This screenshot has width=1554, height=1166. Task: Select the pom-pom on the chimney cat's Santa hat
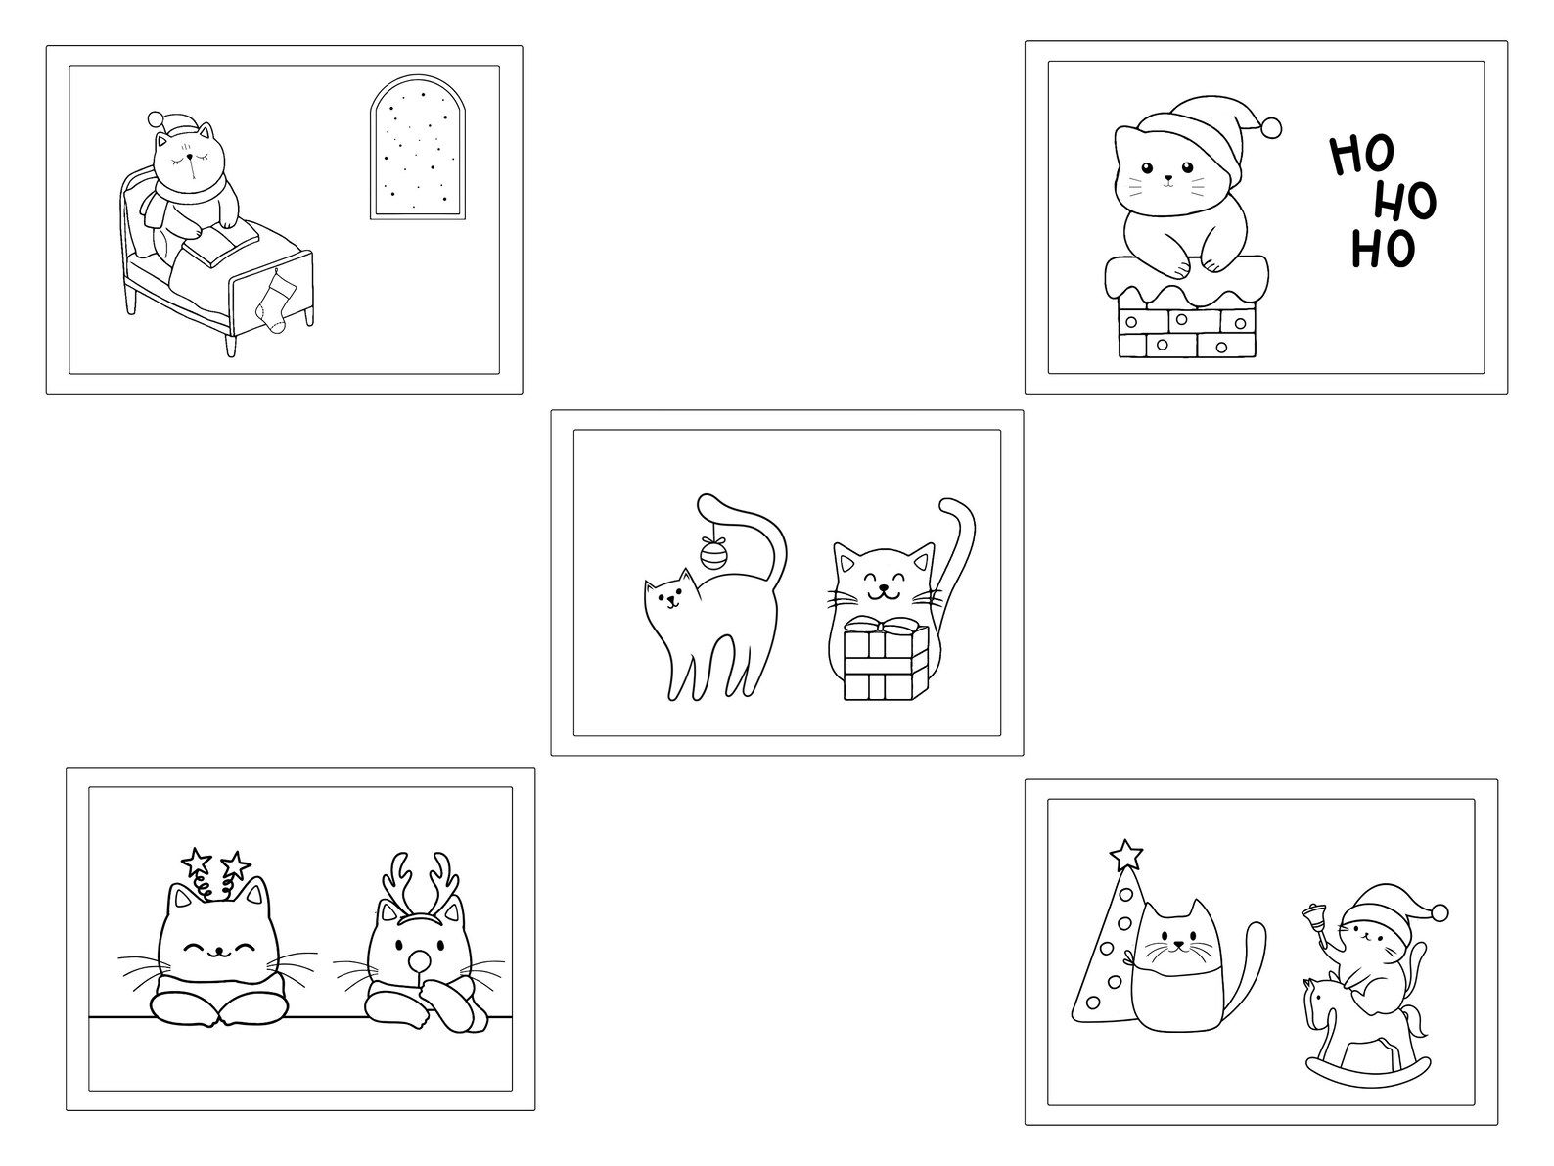click(x=1271, y=127)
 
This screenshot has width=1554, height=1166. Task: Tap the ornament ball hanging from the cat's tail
click(x=714, y=555)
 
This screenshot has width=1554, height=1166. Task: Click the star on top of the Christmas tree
click(x=1125, y=854)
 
